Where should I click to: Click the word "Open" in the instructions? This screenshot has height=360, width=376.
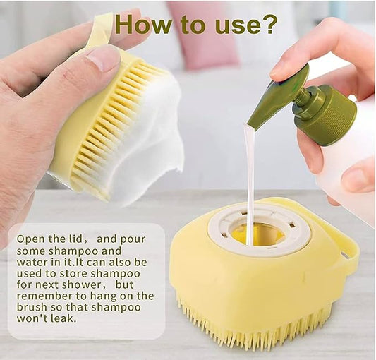click(32, 239)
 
